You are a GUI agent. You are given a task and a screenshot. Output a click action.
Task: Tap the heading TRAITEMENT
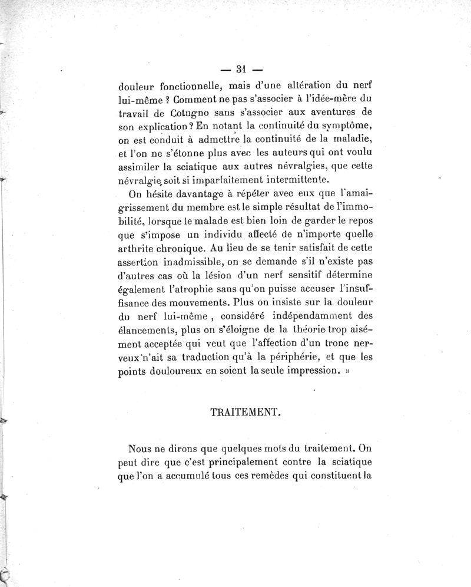[x=244, y=412]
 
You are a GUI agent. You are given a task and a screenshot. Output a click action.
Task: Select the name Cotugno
[x=176, y=111]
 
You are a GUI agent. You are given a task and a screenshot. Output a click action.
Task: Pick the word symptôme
[x=327, y=125]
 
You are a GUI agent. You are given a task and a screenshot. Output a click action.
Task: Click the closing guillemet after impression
[x=346, y=371]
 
